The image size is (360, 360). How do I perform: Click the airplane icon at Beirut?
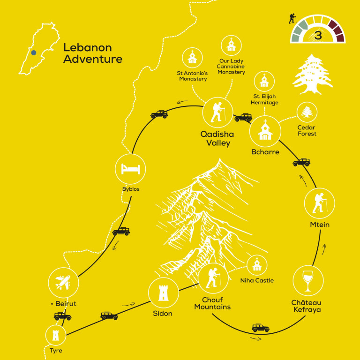tap(63, 283)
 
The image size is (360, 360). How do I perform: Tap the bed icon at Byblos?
tap(130, 169)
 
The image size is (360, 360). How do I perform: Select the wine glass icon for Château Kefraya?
tap(308, 281)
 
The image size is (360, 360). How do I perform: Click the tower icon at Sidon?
tap(164, 293)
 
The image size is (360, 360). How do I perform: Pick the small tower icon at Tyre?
tap(56, 335)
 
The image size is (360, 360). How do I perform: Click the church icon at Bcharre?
tap(265, 131)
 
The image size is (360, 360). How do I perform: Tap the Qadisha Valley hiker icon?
tap(217, 113)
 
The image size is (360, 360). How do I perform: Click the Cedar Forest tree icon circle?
tap(307, 112)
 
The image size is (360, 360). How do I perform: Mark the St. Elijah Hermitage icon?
tap(264, 82)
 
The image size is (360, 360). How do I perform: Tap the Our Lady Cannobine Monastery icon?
tap(231, 45)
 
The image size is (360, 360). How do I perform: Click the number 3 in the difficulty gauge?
tap(318, 36)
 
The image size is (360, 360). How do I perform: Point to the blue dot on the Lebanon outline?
tap(34, 52)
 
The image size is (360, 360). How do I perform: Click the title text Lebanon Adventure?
tap(92, 53)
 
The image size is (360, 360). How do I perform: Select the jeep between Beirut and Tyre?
tap(62, 316)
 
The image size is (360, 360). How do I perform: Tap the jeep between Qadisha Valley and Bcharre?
tap(243, 118)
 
